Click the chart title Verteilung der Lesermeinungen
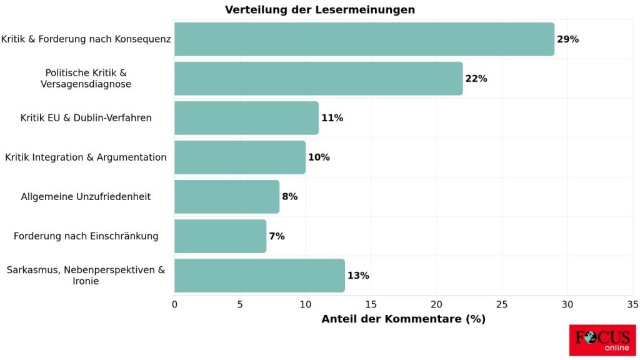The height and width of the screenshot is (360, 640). (319, 10)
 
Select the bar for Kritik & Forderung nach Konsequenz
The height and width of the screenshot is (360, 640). (364, 39)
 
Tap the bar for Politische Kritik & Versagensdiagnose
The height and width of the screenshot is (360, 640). (318, 79)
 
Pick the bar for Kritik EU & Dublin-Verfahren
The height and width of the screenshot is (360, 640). (246, 118)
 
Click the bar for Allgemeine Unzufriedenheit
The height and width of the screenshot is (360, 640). (226, 197)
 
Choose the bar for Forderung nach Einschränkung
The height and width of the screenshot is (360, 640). (220, 236)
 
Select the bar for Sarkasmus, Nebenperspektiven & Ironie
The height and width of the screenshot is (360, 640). (259, 276)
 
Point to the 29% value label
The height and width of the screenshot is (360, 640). (567, 39)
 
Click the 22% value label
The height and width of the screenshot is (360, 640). (476, 79)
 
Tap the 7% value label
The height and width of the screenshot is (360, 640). (276, 236)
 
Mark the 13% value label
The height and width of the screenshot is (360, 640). (357, 276)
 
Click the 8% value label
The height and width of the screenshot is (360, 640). (289, 197)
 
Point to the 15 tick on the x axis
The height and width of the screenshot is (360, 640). (371, 304)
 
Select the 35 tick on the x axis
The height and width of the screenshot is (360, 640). (632, 304)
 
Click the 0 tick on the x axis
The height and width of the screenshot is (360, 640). (174, 304)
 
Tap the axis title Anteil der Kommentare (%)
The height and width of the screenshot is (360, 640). (403, 319)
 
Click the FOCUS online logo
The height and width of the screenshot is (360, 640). (602, 340)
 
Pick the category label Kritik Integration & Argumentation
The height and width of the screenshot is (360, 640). (86, 157)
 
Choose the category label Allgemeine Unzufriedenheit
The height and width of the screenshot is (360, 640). (86, 197)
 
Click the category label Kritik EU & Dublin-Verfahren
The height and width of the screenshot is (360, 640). (86, 118)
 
